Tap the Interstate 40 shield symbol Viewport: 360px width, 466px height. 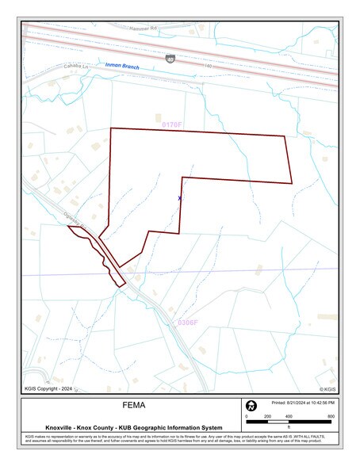[170, 59]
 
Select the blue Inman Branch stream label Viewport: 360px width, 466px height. [122, 67]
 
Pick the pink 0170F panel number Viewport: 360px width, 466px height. [172, 124]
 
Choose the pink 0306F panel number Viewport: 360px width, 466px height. [186, 323]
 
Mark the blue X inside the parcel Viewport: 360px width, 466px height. [180, 198]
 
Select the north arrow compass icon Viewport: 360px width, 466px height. [251, 406]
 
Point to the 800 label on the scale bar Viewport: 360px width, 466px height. [331, 416]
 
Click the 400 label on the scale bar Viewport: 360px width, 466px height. [289, 416]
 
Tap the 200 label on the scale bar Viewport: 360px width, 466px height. [267, 416]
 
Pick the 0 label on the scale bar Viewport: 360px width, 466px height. [247, 416]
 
